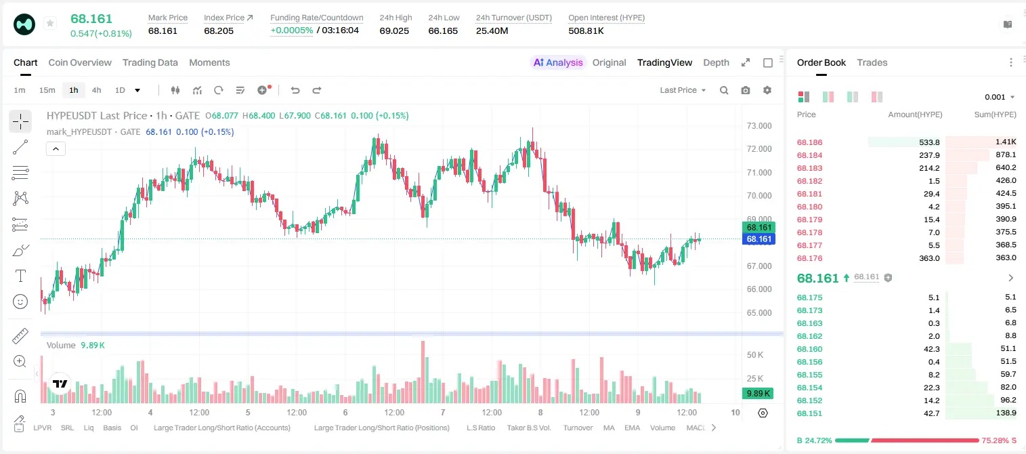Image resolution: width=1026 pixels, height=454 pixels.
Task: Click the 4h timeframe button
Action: [x=96, y=90]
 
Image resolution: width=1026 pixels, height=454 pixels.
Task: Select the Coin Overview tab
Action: [x=80, y=62]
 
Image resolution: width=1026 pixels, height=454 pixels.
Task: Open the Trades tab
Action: [x=872, y=62]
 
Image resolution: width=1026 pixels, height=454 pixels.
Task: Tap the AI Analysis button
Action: [x=558, y=62]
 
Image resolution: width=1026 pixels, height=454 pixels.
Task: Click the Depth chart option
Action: [x=716, y=62]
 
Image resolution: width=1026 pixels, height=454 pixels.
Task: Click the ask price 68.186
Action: [x=809, y=142]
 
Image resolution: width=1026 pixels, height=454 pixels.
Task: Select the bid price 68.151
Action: [x=809, y=413]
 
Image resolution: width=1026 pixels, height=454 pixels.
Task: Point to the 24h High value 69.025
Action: [x=394, y=30]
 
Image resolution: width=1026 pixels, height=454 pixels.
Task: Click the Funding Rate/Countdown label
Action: [x=316, y=18]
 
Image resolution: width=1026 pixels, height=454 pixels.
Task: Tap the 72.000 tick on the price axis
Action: [x=759, y=149]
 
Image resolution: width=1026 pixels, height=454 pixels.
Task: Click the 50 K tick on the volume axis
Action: [x=755, y=355]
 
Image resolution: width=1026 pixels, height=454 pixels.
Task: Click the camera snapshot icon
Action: [x=746, y=90]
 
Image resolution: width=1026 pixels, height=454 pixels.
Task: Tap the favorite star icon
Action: [x=50, y=23]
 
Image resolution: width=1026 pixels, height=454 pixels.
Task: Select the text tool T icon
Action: [x=20, y=276]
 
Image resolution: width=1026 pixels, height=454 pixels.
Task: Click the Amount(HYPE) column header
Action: [x=915, y=115]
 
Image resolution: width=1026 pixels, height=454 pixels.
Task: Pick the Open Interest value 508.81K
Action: [x=586, y=30]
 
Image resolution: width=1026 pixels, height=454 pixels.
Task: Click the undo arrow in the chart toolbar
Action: [x=295, y=90]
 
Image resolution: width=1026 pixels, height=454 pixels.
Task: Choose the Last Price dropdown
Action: [x=683, y=90]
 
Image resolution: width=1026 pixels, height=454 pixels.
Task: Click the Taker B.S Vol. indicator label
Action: [x=528, y=428]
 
